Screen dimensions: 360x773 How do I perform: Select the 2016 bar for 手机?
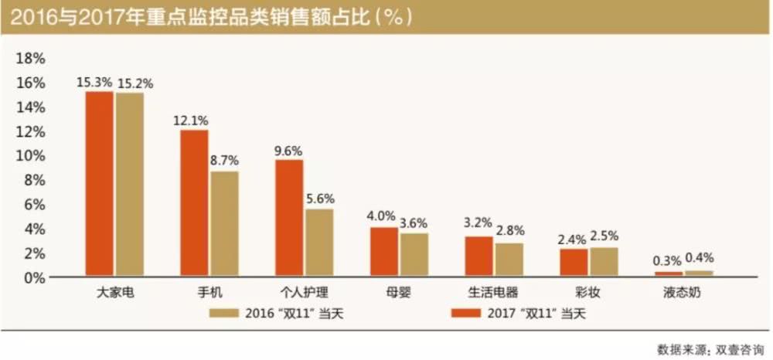pos(223,224)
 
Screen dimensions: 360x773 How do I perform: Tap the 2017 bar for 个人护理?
pos(290,218)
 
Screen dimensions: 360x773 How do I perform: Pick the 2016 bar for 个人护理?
pos(318,243)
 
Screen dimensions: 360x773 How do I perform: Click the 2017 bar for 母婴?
pos(384,252)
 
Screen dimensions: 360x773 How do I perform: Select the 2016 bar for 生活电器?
pos(509,260)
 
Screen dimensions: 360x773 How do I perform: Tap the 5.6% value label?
pos(318,199)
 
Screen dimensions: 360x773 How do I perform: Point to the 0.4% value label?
pos(699,258)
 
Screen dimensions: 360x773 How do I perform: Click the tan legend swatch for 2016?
pos(225,314)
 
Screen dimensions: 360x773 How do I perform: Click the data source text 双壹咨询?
pos(741,347)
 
